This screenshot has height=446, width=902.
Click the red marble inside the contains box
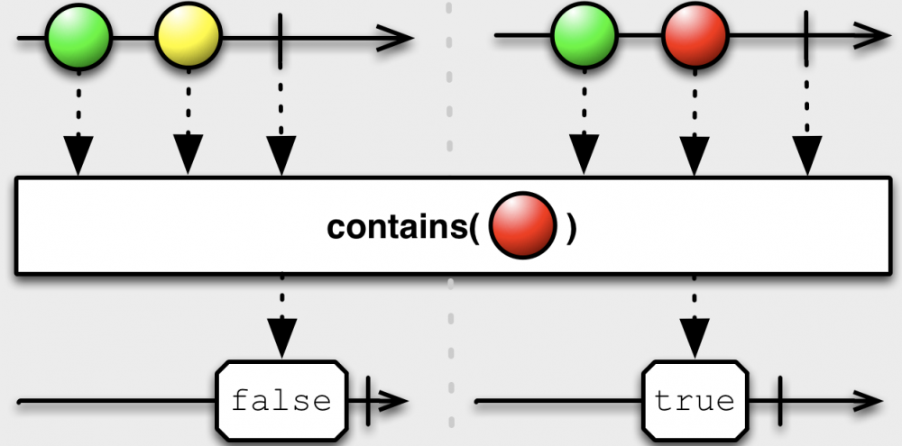(522, 228)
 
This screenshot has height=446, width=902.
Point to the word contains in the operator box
(397, 228)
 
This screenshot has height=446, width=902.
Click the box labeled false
(281, 398)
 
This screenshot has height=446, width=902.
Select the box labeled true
(694, 398)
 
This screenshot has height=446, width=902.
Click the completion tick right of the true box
(778, 398)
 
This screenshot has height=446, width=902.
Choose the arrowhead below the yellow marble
(188, 158)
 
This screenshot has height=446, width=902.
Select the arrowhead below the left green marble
(78, 158)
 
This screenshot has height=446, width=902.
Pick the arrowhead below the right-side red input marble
(694, 158)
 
